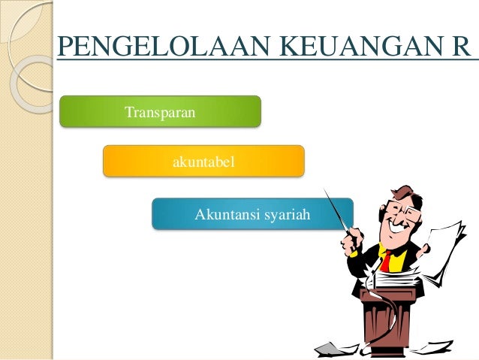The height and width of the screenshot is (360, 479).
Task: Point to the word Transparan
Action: click(x=160, y=112)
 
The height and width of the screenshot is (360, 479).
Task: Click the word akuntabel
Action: click(x=204, y=161)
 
